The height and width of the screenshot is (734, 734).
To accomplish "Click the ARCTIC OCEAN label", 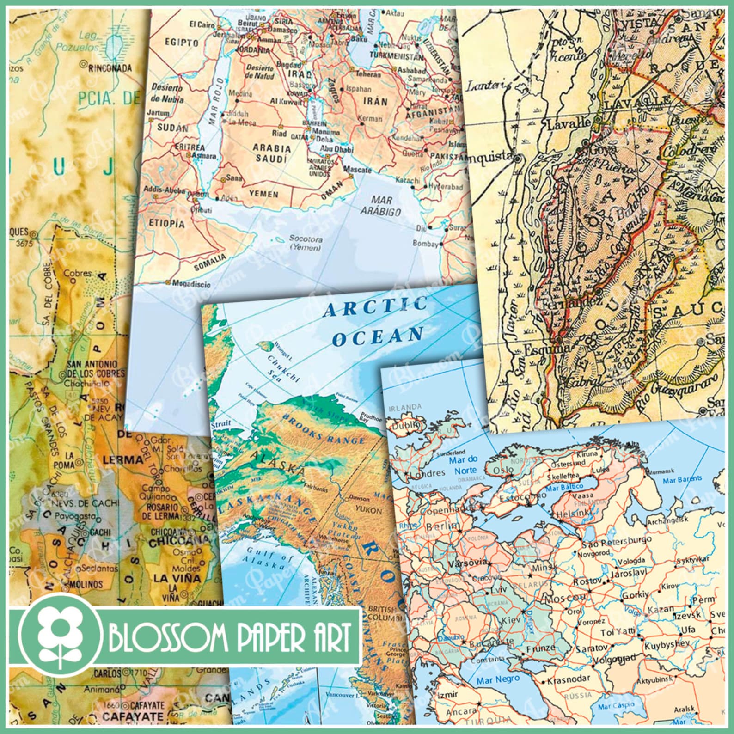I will (x=374, y=321).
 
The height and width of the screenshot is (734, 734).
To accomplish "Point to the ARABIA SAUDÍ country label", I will (x=273, y=153).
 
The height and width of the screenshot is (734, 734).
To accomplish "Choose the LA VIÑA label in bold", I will (x=178, y=578).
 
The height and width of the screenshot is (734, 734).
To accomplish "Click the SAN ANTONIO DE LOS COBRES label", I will (x=96, y=368).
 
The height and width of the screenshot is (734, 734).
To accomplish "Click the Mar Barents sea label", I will (x=682, y=479).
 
